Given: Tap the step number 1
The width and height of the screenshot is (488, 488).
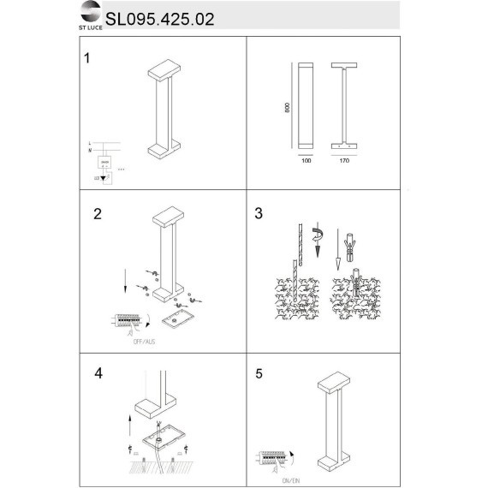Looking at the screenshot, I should (x=86, y=59).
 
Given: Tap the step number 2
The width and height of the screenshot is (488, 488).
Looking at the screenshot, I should (x=98, y=214).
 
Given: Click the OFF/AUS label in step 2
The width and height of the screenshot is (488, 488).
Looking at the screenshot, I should (x=144, y=341).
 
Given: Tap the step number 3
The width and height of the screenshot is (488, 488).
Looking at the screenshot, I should (x=259, y=214).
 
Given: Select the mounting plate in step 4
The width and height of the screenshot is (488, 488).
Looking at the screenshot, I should (x=162, y=443).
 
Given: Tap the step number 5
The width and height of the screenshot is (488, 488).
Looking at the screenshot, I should (x=259, y=374).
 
